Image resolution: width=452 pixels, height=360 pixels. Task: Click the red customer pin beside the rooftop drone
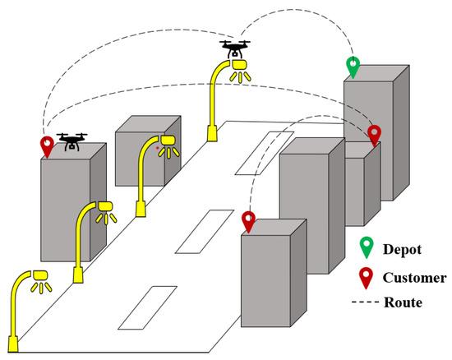pyautogui.click(x=47, y=146)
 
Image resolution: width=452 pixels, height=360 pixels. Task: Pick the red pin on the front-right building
pyautogui.click(x=249, y=221)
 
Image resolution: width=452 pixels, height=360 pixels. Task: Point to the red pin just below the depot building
pyautogui.click(x=375, y=134)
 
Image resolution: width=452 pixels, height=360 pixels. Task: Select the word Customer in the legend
pyautogui.click(x=419, y=277)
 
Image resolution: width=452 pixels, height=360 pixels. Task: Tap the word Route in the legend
pyautogui.click(x=403, y=303)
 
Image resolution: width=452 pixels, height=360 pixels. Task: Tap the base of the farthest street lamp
pyautogui.click(x=210, y=132)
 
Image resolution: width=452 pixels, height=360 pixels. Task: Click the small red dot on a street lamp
pyautogui.click(x=158, y=149)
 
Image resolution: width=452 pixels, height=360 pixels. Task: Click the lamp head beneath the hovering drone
pyautogui.click(x=239, y=65)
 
